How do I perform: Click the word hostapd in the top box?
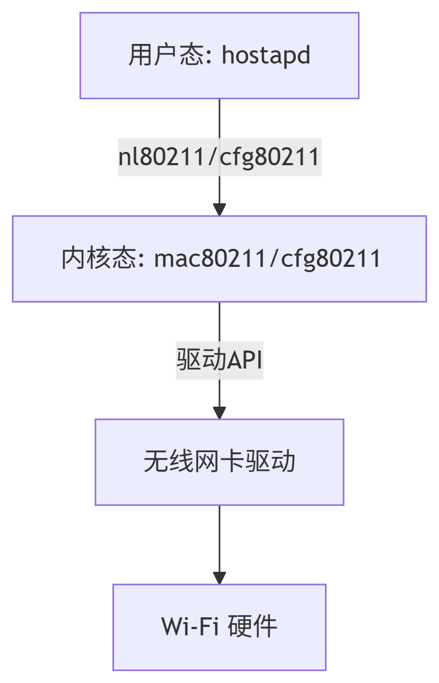[x=266, y=56]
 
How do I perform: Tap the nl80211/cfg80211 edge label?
[x=219, y=157]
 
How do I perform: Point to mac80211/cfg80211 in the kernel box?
[x=268, y=259]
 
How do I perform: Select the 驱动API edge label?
[x=219, y=361]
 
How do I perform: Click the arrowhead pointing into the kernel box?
[x=219, y=209]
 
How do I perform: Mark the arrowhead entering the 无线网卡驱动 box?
[x=219, y=412]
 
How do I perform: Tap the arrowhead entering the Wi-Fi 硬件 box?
[x=219, y=578]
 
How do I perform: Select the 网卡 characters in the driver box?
[x=219, y=462]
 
